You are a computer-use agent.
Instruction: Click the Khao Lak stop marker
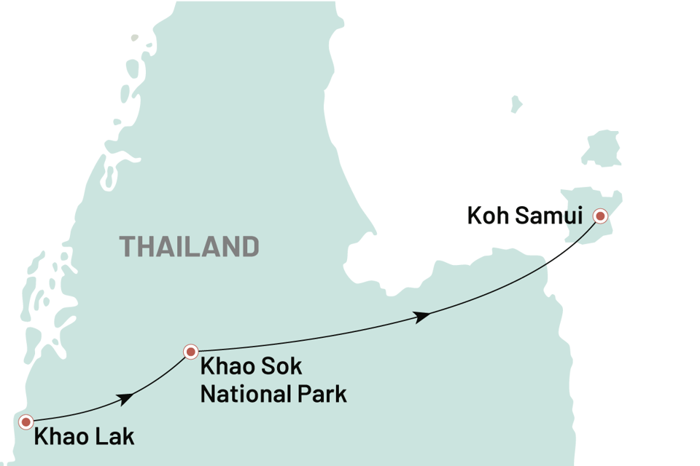coord(26,422)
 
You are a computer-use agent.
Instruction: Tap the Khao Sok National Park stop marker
coord(190,352)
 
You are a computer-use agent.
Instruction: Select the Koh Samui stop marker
coord(600,215)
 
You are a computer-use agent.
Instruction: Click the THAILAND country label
coord(190,246)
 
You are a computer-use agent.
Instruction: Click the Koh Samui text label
coord(524,217)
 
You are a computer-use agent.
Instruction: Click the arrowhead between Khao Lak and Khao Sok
coord(125,398)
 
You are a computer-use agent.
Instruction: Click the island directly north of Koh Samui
coord(602,148)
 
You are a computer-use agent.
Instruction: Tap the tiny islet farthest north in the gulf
coord(516,103)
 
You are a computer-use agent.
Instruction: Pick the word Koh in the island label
coord(485,217)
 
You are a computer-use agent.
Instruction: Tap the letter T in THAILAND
coord(127,246)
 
